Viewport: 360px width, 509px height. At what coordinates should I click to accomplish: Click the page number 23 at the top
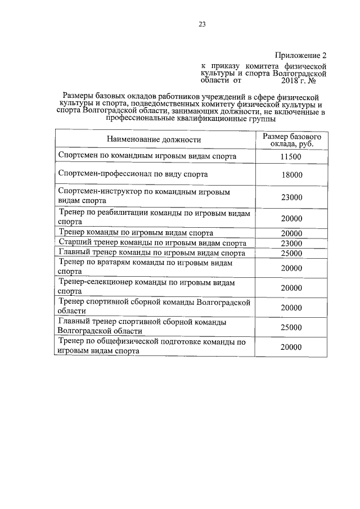click(x=202, y=24)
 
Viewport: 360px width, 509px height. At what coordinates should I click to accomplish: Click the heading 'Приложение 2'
click(x=300, y=55)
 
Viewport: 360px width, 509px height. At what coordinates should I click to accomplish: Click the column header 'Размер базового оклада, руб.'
click(x=291, y=140)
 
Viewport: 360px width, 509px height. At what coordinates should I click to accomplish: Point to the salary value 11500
click(x=291, y=156)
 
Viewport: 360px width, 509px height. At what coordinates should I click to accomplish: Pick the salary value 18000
click(x=291, y=175)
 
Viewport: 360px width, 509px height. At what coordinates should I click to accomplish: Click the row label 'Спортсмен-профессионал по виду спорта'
click(x=133, y=174)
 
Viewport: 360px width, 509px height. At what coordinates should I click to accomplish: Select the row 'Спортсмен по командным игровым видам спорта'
click(x=147, y=156)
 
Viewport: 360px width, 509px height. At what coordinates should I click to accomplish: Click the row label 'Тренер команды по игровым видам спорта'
click(x=136, y=233)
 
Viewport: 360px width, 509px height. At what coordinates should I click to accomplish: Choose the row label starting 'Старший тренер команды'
click(x=152, y=244)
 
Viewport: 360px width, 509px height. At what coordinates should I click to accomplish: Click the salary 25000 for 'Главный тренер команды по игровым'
click(x=291, y=254)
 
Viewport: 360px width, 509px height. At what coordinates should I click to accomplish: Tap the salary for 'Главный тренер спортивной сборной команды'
click(x=291, y=327)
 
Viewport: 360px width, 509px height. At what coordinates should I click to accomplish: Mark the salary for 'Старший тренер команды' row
click(x=291, y=244)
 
